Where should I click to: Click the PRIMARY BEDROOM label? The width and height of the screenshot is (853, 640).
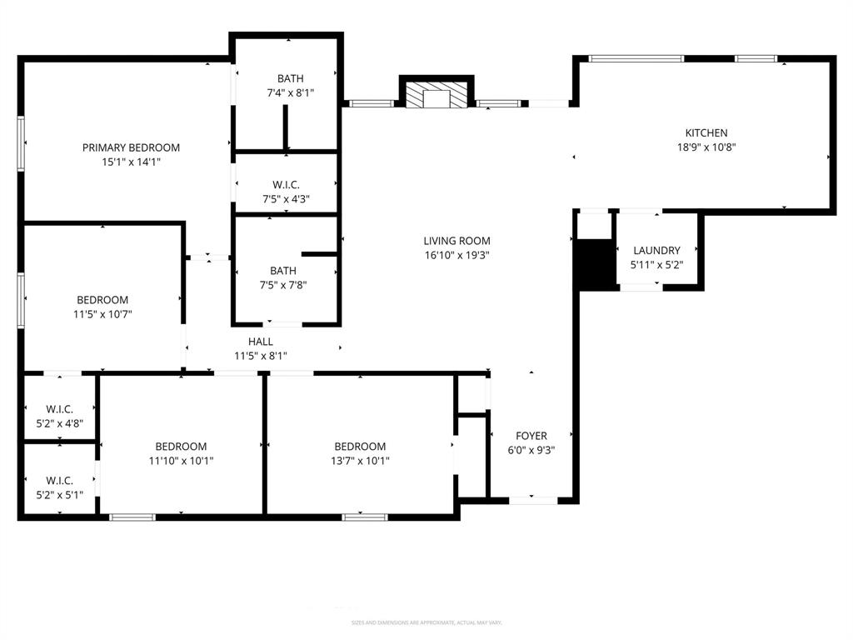(131, 147)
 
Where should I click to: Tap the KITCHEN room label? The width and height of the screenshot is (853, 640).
(706, 132)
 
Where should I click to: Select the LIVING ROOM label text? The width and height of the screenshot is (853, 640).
(456, 241)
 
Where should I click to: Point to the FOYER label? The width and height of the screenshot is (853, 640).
(531, 436)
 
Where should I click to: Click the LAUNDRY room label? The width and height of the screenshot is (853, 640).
(656, 250)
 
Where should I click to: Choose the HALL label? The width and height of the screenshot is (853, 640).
(261, 342)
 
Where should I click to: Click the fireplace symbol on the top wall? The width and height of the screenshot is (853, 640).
(436, 94)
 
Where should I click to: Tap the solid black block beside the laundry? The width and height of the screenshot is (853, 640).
(595, 265)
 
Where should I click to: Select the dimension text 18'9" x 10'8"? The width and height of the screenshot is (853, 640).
(706, 147)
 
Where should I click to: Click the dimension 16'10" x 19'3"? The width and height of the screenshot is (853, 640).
(456, 255)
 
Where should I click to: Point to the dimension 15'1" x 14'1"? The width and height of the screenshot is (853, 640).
(131, 162)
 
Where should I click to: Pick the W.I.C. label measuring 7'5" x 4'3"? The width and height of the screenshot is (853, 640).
(287, 184)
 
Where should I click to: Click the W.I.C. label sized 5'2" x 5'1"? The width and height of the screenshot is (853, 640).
(59, 481)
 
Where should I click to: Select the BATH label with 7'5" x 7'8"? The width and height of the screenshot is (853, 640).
(283, 271)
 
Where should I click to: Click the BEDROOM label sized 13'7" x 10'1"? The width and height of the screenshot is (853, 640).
(360, 447)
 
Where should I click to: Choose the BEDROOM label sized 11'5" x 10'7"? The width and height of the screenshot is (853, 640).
(102, 300)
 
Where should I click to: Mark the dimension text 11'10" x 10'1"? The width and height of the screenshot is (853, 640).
(181, 461)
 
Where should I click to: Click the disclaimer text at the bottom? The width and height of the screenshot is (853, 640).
(426, 622)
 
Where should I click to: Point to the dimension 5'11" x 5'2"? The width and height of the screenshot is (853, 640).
(656, 264)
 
